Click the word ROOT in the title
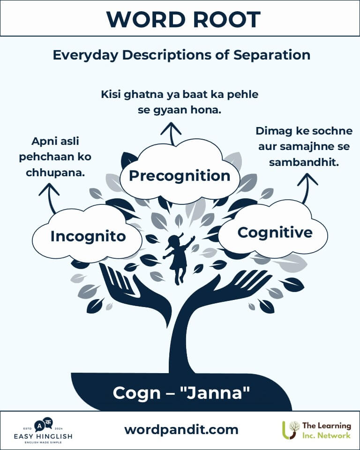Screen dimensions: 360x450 pos(226,20)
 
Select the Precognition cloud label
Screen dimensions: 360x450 pos(180,176)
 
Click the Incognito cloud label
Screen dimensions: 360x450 pos(88,236)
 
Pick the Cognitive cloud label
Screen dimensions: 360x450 pos(275,232)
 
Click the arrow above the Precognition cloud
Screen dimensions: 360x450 pos(172,134)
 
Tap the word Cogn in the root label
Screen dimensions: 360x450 pos(137,393)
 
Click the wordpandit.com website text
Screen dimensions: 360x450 pos(181,430)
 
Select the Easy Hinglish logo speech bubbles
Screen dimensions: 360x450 pos(43,425)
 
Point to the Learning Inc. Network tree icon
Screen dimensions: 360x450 pos(291,430)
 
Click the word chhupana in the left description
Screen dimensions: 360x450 pos(55,172)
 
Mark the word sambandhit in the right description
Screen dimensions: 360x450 pos(304,162)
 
